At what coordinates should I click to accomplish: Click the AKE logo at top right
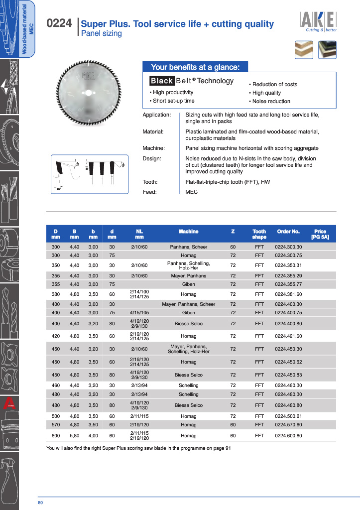click(318, 21)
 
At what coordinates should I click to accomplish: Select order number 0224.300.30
click(288, 247)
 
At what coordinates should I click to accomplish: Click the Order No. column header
click(288, 232)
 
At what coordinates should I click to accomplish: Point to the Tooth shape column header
click(259, 234)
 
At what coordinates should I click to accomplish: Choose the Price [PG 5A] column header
click(320, 234)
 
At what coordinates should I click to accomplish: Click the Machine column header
click(188, 232)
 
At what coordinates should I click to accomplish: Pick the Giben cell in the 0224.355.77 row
click(188, 284)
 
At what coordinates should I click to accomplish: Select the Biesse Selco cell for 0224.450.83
click(188, 375)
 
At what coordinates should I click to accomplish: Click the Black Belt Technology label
click(192, 81)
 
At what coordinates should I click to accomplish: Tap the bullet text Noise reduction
click(271, 101)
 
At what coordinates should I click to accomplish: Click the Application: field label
click(157, 115)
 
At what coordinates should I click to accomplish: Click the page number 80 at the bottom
click(40, 502)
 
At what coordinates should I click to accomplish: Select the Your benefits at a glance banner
click(195, 67)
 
